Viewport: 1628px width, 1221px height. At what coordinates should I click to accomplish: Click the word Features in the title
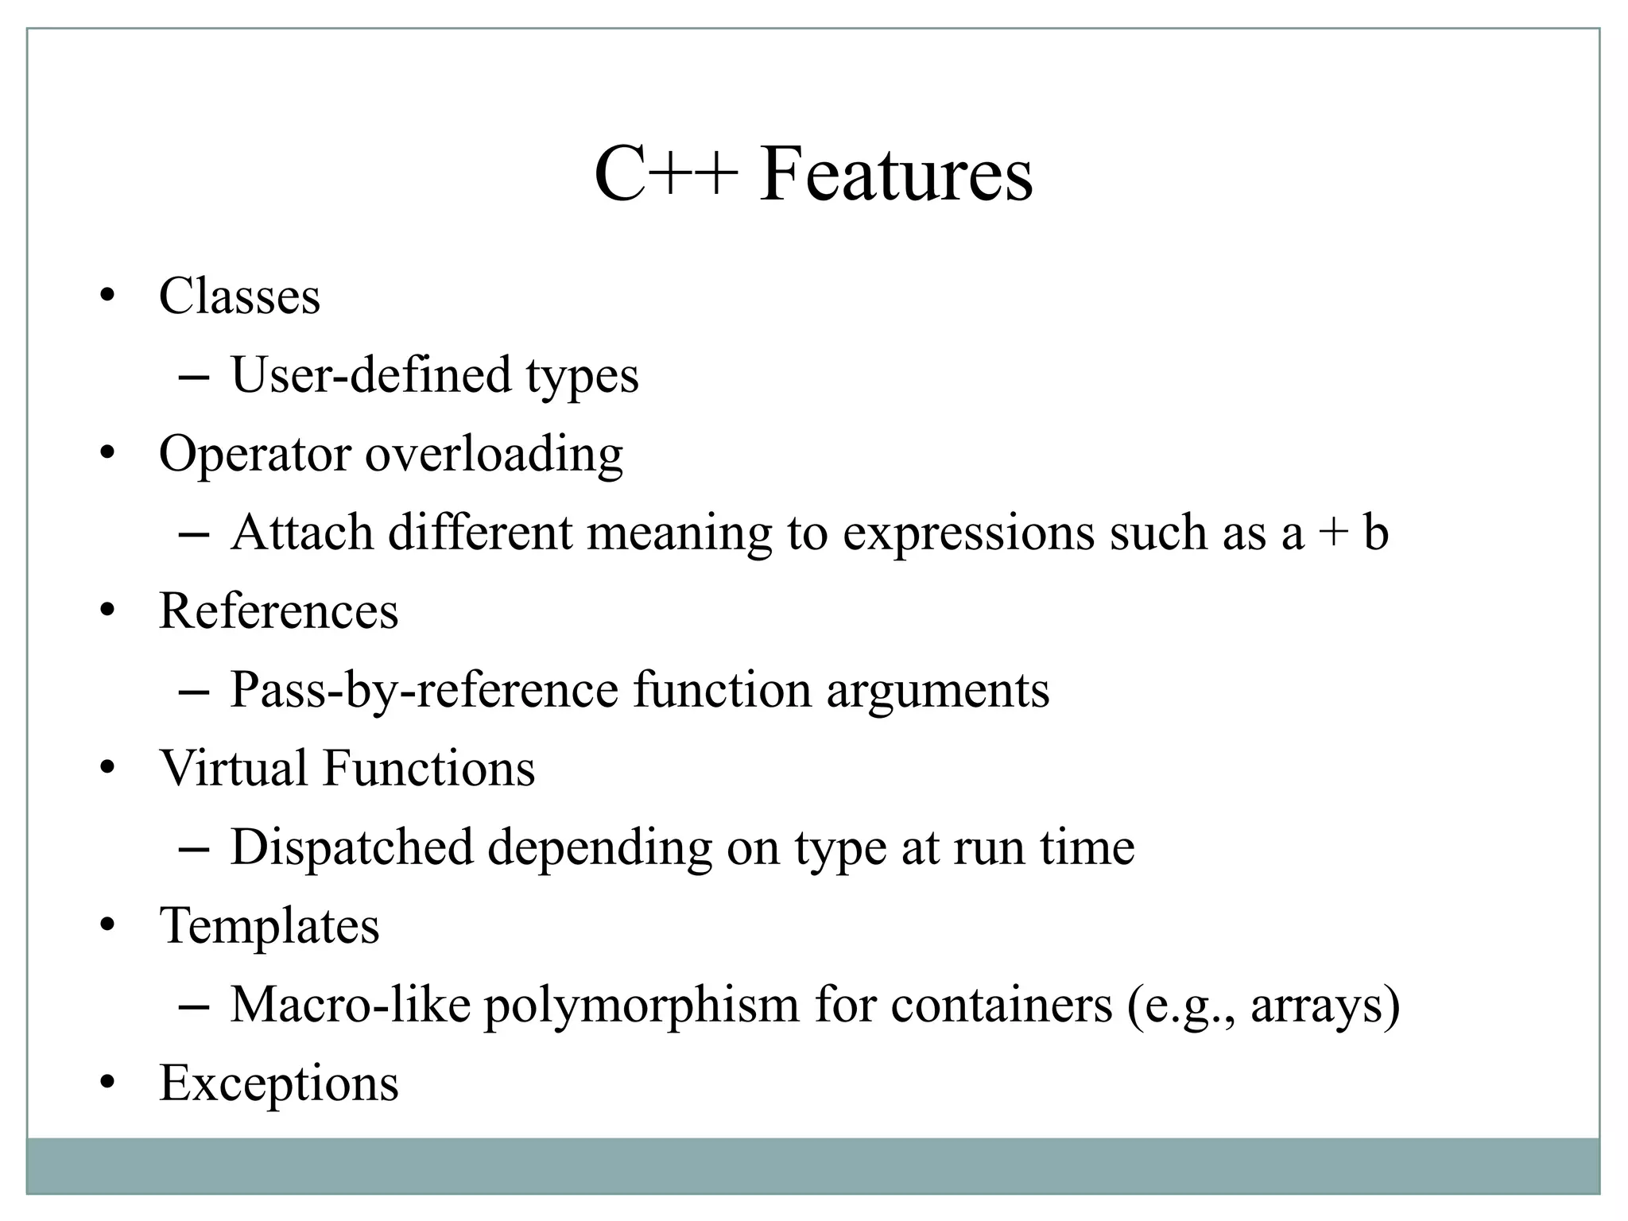[896, 174]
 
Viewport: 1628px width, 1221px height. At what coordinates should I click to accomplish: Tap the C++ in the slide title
[665, 174]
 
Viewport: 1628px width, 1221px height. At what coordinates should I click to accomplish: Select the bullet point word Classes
[239, 297]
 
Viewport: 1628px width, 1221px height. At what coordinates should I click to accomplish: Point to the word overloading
[494, 454]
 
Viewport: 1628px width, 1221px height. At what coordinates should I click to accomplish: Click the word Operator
[254, 454]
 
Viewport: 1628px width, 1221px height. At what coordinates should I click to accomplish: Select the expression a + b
[1335, 532]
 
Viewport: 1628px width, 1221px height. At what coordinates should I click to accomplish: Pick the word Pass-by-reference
[424, 689]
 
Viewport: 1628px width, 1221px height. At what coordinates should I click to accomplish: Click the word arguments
[938, 691]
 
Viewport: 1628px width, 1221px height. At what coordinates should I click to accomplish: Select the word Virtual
[233, 768]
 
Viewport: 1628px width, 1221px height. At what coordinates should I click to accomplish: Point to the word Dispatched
[351, 847]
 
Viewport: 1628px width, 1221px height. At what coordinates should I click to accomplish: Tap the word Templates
[269, 926]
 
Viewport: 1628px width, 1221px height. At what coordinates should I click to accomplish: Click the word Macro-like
[350, 1004]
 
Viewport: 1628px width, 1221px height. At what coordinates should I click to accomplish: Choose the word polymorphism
[641, 1006]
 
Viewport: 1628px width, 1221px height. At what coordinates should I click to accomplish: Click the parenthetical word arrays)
[1325, 1006]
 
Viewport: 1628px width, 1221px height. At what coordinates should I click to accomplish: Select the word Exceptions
[278, 1083]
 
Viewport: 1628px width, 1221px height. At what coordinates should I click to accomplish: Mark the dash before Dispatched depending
[194, 849]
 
